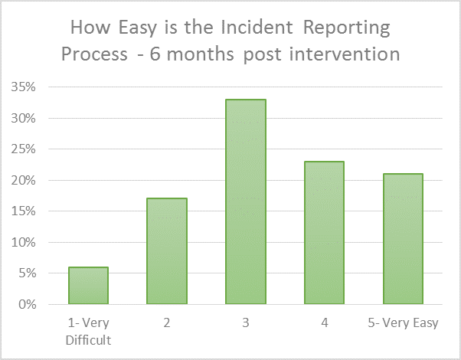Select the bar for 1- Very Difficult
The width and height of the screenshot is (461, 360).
(89, 285)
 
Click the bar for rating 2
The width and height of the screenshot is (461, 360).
(167, 251)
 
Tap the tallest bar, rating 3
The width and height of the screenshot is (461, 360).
(246, 201)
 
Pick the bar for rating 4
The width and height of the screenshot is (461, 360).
(324, 232)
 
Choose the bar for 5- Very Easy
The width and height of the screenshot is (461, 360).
(403, 238)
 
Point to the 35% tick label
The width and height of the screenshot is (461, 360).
(23, 87)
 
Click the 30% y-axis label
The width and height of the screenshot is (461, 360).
(23, 118)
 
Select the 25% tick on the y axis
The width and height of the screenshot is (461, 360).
(23, 149)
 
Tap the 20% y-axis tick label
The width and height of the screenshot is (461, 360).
(23, 180)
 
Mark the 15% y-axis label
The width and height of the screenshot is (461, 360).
(23, 211)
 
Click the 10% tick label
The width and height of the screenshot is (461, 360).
(23, 242)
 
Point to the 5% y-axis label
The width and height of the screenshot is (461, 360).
(27, 273)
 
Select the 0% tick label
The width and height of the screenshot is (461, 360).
(27, 304)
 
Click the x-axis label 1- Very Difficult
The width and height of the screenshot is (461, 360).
(89, 332)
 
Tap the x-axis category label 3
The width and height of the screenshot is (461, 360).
(246, 323)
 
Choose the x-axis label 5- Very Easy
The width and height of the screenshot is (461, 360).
(403, 323)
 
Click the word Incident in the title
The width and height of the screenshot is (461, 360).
(257, 28)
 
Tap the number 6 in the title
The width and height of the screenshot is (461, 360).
(155, 54)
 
